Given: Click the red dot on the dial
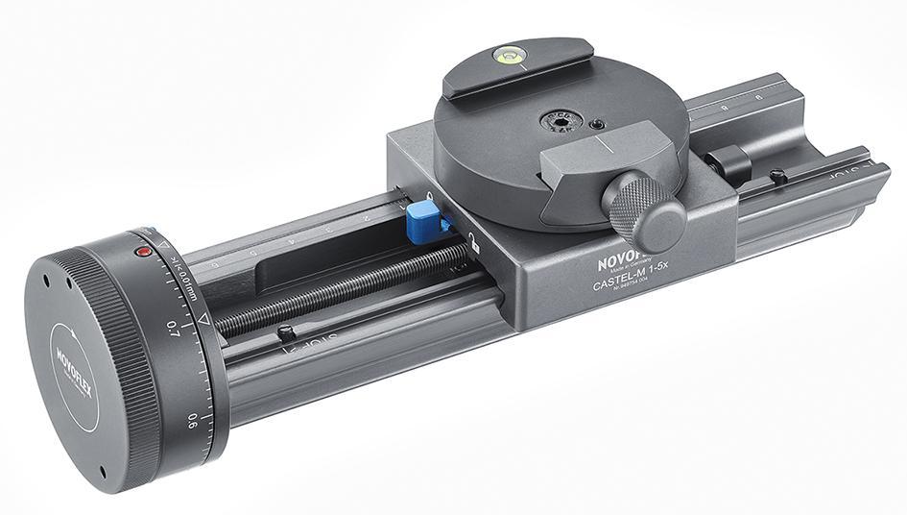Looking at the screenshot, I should point(143,252).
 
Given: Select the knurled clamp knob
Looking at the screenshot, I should point(645,209).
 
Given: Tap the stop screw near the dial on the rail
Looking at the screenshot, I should point(285,332).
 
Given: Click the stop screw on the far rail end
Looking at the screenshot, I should point(778,177).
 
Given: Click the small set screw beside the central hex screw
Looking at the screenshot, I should point(598,125).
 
